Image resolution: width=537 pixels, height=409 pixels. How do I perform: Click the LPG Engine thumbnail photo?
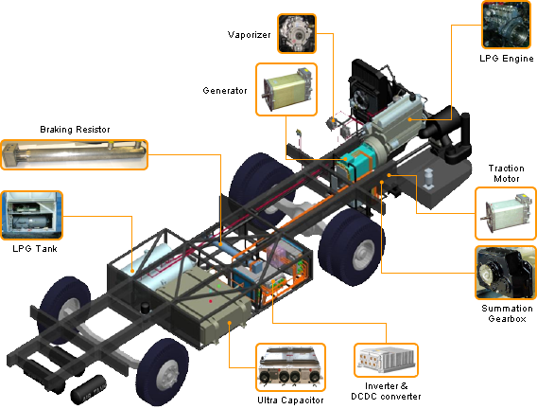pos(507,26)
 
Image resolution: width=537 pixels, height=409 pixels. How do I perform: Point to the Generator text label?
pos(225,91)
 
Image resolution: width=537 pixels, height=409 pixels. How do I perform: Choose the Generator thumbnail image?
pos(286,91)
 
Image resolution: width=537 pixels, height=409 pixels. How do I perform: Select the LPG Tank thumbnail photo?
pos(31,216)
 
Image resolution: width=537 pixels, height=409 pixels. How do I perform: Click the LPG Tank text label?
pos(31,249)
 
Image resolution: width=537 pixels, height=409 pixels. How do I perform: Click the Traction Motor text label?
pos(506,173)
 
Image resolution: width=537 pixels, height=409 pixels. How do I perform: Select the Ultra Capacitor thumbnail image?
pos(290,366)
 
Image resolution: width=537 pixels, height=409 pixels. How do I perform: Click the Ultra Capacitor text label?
pos(290,400)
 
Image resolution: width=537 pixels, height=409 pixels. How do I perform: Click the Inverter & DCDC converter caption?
pos(387,390)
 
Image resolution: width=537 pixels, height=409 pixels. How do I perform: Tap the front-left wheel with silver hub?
pos(163,375)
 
